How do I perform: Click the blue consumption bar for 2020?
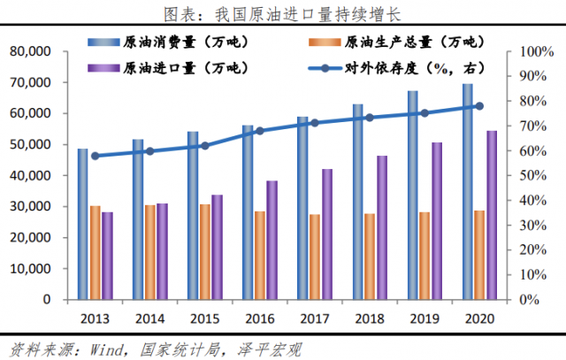pyautogui.click(x=467, y=191)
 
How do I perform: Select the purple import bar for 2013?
pyautogui.click(x=107, y=256)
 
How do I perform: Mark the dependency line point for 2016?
pyautogui.click(x=259, y=131)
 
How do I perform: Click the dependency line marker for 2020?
pyautogui.click(x=478, y=106)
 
